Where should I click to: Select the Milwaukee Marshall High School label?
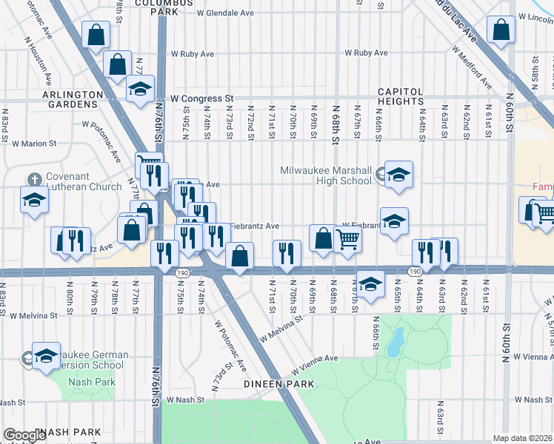tap(326, 175)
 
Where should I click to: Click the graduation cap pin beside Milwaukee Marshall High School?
tap(398, 175)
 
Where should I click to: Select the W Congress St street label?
tap(201, 98)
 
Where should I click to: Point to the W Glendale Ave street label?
tap(225, 13)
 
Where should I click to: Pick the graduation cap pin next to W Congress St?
tap(139, 89)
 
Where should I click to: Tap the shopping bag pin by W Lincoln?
tap(501, 30)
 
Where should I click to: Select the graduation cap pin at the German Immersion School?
tap(46, 356)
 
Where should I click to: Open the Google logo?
tap(24, 436)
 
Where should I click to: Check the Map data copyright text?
tap(523, 438)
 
